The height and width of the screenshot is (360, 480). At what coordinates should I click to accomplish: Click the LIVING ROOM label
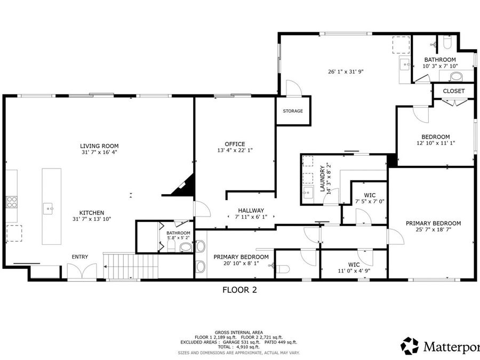pos(99,146)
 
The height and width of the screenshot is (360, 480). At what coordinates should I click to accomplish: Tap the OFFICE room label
pos(235,144)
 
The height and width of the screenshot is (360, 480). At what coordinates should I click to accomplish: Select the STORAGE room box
pos(293,111)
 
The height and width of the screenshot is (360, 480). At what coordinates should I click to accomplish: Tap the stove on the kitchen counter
pos(11,201)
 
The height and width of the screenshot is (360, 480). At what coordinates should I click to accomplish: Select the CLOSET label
pos(453,91)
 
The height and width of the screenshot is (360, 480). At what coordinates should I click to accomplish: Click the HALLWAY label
pos(251,211)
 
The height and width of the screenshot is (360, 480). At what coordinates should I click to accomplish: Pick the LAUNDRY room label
pos(323,178)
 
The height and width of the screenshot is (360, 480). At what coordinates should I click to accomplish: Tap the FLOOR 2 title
pos(239,290)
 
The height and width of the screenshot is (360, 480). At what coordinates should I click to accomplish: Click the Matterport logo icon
pos(410,346)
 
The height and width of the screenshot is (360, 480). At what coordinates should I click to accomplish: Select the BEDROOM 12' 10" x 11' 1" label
pos(436,137)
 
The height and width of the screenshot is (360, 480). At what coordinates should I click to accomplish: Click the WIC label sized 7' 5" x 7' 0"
pos(370,195)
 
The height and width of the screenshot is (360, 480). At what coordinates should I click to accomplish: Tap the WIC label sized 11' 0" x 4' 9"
pos(353,265)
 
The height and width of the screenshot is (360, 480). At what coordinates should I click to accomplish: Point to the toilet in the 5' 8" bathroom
pos(185,247)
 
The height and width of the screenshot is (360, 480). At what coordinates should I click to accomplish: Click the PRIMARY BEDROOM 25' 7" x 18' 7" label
pos(433,223)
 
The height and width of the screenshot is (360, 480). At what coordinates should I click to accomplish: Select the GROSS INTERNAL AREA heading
pos(239,332)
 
